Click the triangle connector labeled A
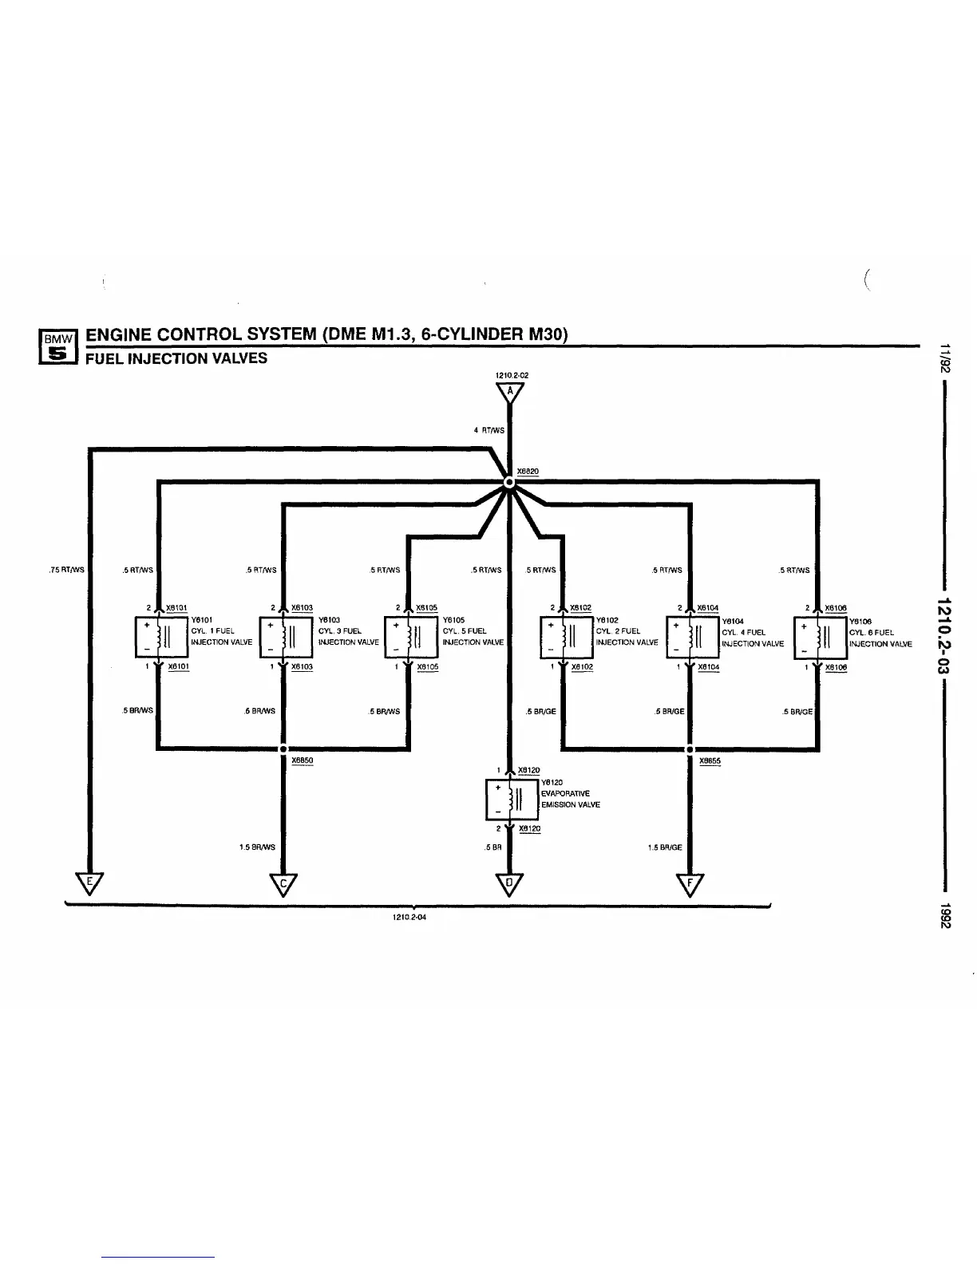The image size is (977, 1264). [x=509, y=393]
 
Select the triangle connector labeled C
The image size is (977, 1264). [x=283, y=883]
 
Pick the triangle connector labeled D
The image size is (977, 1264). [x=509, y=883]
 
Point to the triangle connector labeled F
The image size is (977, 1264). [x=690, y=883]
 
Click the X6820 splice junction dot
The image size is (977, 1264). [x=508, y=483]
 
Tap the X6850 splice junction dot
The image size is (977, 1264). [x=283, y=749]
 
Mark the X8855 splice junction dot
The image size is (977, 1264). [x=690, y=749]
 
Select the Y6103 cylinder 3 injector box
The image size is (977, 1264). [x=281, y=637]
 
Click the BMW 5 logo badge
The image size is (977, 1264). [x=57, y=350]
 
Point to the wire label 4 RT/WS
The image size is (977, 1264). [x=489, y=431]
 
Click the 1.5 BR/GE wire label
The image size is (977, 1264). [x=665, y=847]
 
